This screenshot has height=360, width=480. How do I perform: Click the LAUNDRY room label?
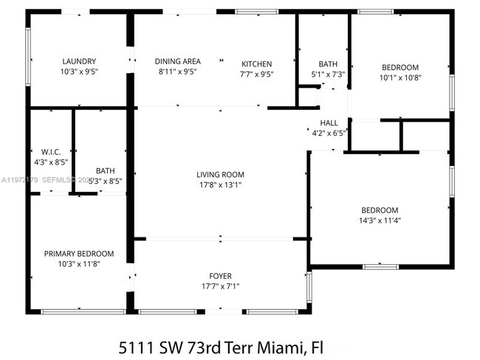[x=80, y=61]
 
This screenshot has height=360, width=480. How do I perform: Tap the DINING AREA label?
[x=177, y=61]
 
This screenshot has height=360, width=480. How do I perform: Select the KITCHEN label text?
[x=256, y=64]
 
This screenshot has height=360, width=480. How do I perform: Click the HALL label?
[x=329, y=122]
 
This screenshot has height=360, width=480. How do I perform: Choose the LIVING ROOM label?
[x=219, y=175]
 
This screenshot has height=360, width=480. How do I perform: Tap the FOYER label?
[x=221, y=276]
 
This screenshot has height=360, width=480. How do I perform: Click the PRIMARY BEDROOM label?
[x=80, y=253]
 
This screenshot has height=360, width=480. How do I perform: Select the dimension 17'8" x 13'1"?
[x=219, y=185]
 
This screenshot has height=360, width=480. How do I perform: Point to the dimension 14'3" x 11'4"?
[x=380, y=220]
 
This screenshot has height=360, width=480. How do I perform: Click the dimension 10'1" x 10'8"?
[x=400, y=77]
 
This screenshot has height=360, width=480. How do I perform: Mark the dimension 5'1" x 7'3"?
[x=328, y=74]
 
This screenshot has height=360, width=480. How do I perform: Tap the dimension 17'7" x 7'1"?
[x=221, y=286]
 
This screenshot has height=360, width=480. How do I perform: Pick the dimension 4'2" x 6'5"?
[x=329, y=133]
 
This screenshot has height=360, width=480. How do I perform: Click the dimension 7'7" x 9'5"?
[x=256, y=74]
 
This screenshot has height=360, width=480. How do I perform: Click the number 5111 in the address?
[x=137, y=346]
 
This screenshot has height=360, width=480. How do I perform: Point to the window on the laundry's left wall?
[x=28, y=55]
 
